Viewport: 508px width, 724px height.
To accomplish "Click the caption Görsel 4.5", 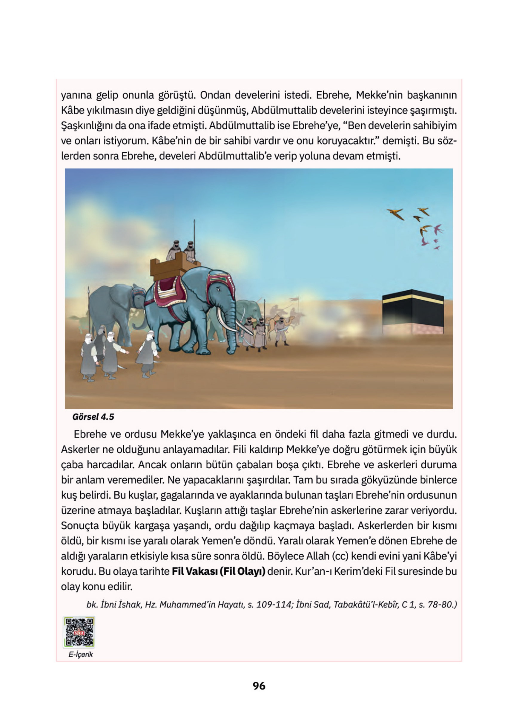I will pyautogui.click(x=93, y=417).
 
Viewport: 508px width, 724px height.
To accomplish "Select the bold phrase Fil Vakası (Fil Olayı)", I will pyautogui.click(x=218, y=571).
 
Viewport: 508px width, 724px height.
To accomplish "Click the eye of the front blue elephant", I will pyautogui.click(x=218, y=289).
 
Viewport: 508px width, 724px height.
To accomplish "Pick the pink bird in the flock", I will pyautogui.click(x=438, y=229).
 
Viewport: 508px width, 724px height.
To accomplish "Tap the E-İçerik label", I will pyautogui.click(x=81, y=655).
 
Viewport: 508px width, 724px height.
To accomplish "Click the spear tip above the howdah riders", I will pyautogui.click(x=194, y=222).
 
